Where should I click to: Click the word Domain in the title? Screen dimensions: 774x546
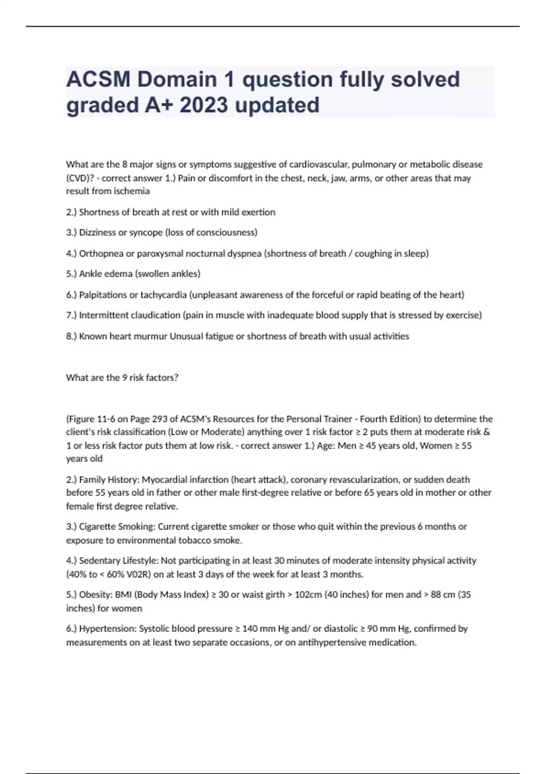tap(177, 79)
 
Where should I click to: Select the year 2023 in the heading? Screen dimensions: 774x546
tap(203, 105)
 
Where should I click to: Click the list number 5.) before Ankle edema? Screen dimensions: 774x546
tap(71, 274)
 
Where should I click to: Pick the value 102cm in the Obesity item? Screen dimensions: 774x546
tap(308, 595)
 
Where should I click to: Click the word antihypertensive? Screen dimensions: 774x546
tap(332, 642)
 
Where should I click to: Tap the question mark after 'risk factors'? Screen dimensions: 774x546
tap(176, 377)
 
